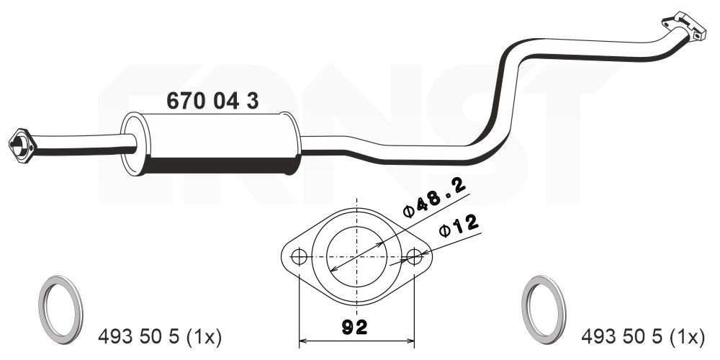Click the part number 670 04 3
(x=212, y=101)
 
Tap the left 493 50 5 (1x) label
(x=159, y=336)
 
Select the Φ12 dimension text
(x=459, y=227)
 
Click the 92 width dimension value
(x=356, y=328)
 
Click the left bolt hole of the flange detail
(x=299, y=256)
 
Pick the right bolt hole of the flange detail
(x=415, y=256)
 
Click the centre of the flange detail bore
(x=357, y=256)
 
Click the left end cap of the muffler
(x=132, y=144)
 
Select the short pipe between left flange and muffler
(x=79, y=143)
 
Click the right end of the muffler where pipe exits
(x=294, y=143)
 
